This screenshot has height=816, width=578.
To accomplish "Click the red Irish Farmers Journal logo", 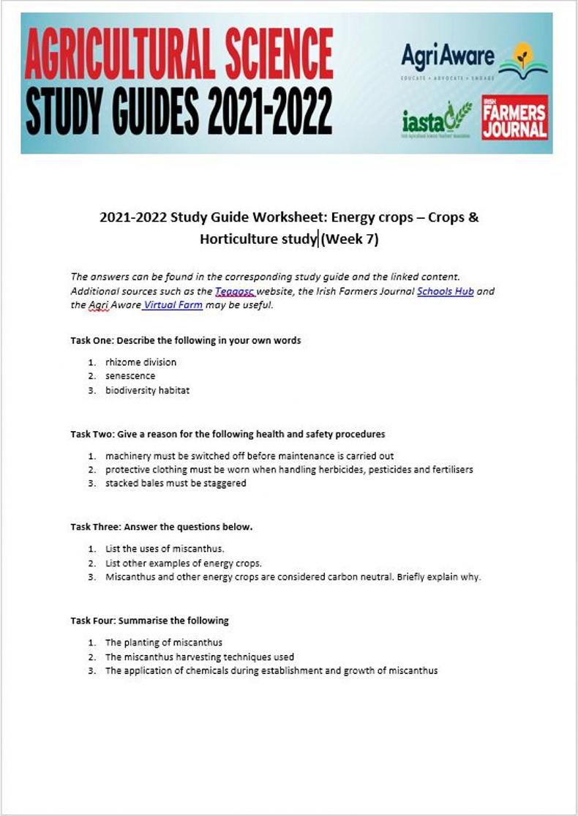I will tap(514, 117).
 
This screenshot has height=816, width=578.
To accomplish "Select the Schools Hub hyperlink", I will tap(445, 291).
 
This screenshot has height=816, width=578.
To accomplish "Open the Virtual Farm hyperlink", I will tap(173, 305).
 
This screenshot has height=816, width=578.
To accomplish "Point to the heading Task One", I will tap(185, 340).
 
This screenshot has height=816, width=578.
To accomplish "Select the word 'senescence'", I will tap(130, 376).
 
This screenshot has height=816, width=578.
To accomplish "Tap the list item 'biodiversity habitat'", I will tap(147, 390).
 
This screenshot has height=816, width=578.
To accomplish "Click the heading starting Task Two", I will tap(228, 434).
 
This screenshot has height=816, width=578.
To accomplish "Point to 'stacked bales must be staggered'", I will tap(176, 483).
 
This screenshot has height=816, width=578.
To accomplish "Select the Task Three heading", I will tap(161, 527).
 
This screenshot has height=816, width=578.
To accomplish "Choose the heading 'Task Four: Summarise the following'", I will tap(149, 621).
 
